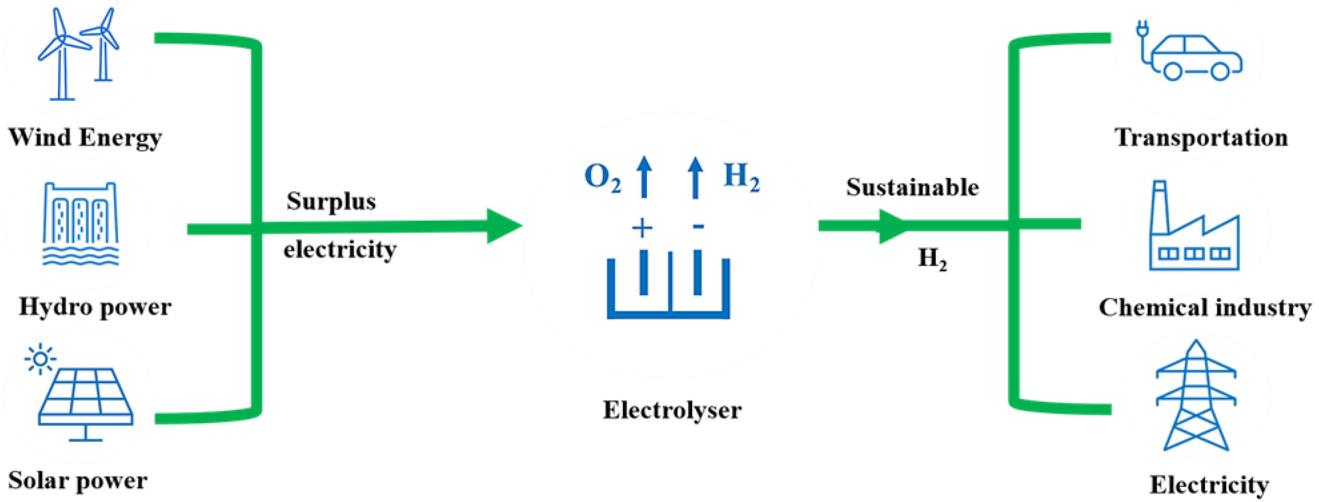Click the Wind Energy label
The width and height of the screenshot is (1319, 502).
click(85, 137)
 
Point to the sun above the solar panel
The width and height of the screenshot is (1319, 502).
click(40, 360)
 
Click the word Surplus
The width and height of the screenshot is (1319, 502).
click(331, 201)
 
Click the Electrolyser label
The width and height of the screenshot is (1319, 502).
click(672, 410)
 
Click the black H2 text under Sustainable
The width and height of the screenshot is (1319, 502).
click(932, 258)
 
